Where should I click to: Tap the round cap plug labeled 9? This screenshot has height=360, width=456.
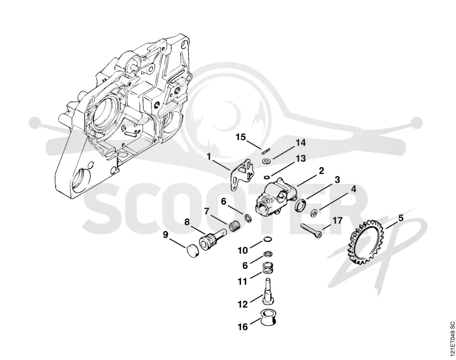[192, 250]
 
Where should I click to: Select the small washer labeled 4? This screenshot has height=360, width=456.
[314, 213]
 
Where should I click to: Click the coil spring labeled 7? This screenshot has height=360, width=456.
[234, 226]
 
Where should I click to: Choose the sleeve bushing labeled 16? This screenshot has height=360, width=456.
[267, 318]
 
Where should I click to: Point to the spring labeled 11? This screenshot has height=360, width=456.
[268, 268]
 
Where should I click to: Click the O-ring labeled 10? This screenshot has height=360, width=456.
[267, 240]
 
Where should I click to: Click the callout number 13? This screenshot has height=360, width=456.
[301, 159]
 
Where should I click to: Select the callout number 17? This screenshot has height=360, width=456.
[337, 221]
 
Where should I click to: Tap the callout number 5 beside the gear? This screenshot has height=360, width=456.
[401, 218]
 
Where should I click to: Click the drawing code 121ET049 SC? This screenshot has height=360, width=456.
[452, 338]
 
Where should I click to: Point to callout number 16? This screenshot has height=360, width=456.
[243, 327]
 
